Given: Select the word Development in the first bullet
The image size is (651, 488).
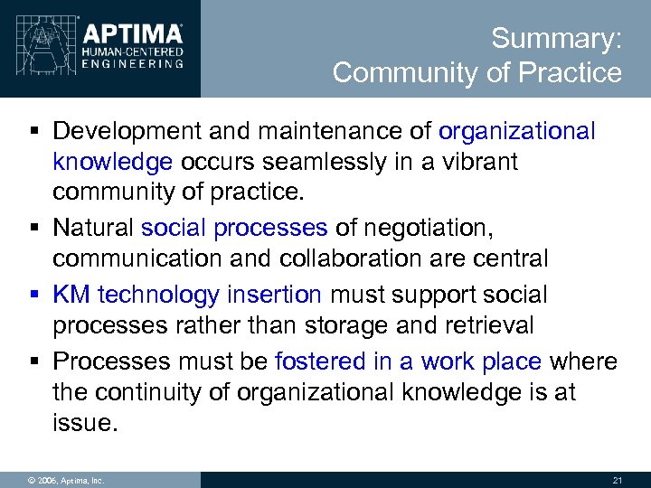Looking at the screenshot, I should tap(127, 132).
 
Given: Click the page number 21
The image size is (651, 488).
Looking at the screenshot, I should tap(618, 480).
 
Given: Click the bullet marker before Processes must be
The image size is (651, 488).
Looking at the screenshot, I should tap(33, 361).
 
